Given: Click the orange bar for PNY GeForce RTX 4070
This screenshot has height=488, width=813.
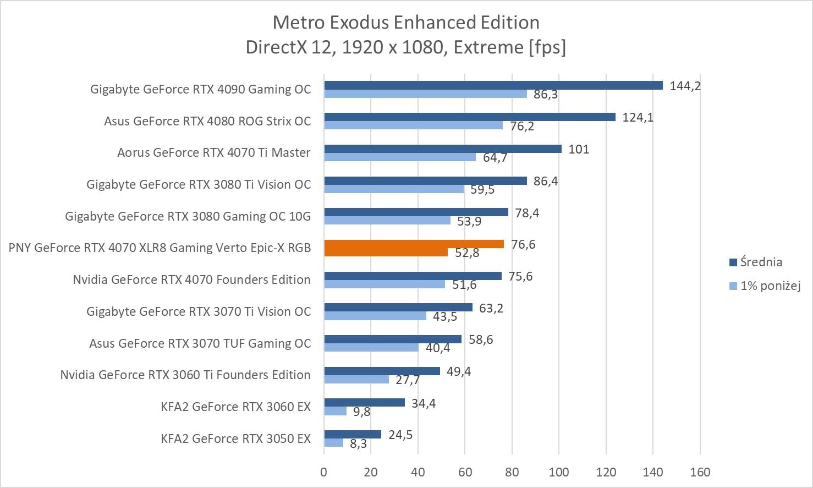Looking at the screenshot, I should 414,244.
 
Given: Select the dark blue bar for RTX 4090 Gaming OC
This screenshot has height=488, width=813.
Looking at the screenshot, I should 493,85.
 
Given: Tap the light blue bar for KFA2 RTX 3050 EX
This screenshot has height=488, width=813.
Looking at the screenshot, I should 333,443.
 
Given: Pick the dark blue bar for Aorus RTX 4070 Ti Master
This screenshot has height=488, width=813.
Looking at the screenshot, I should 442,149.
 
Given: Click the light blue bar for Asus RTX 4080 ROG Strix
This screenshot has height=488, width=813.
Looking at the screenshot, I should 413,125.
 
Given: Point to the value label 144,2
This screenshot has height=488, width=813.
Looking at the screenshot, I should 685,86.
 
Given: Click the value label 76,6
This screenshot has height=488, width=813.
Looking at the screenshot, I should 523,244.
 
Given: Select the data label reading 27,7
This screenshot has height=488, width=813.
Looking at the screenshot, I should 408,380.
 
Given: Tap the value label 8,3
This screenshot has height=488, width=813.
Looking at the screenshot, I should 358,443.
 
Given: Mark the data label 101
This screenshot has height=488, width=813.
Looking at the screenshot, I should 579,149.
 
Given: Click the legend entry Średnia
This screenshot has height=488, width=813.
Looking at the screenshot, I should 761,262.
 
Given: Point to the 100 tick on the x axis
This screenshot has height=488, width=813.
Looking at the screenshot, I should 559,472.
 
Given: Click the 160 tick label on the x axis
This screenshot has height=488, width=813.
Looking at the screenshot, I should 700,472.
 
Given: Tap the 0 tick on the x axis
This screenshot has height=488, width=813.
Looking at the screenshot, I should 324,472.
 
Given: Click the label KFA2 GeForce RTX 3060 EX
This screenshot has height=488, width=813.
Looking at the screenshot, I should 235,407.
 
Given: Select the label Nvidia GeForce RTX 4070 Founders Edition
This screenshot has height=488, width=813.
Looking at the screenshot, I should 191,279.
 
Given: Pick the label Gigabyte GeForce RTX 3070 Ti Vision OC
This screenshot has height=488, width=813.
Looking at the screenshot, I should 199,311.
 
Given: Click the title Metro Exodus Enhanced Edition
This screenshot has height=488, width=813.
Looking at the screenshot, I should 406,23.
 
